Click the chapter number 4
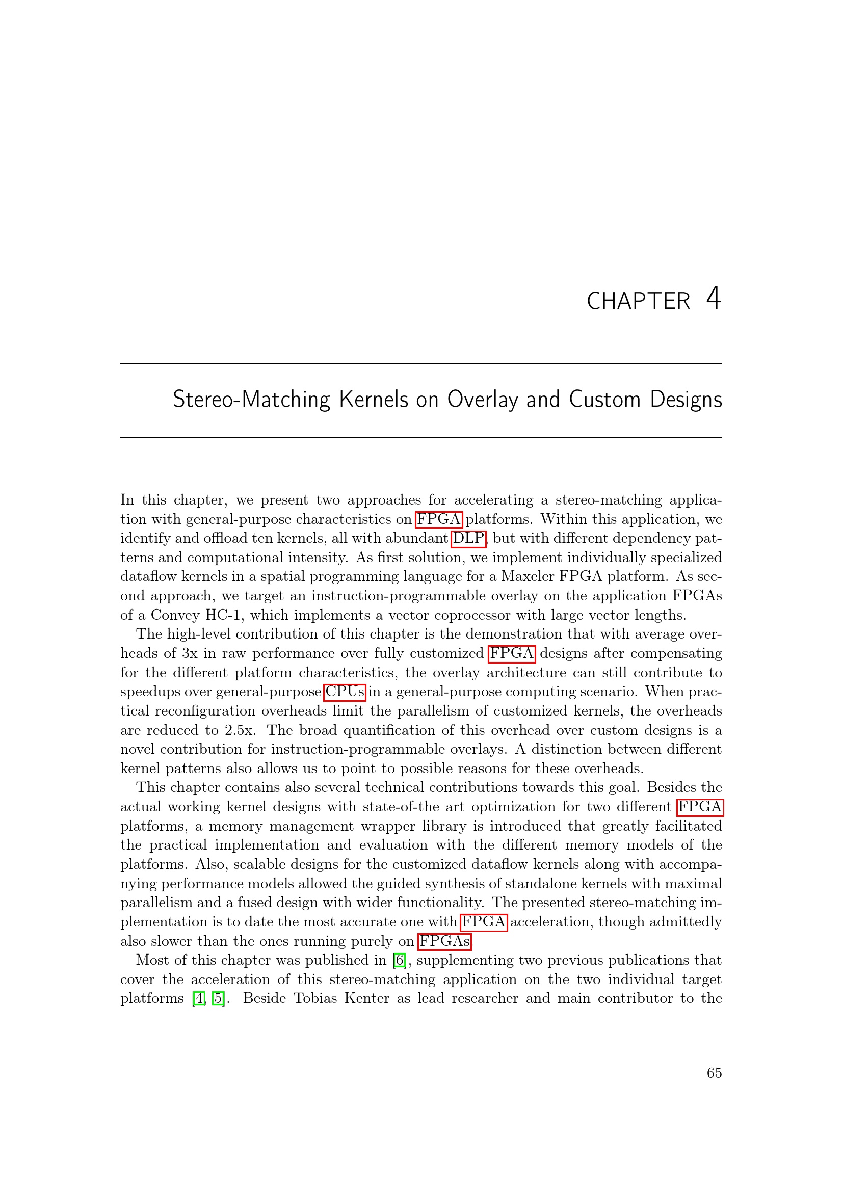coord(713,299)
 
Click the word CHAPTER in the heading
coord(638,302)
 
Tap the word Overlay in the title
coord(482,400)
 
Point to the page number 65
coord(714,1073)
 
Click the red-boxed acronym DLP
coord(468,538)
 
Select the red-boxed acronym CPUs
coord(345,692)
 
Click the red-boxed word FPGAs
coord(444,941)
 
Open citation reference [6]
coord(399,961)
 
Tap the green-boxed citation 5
coord(219,999)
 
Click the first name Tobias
coord(315,999)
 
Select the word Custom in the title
coord(604,400)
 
